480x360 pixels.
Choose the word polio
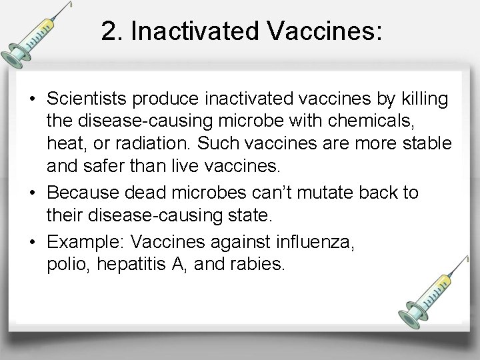tap(68, 265)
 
